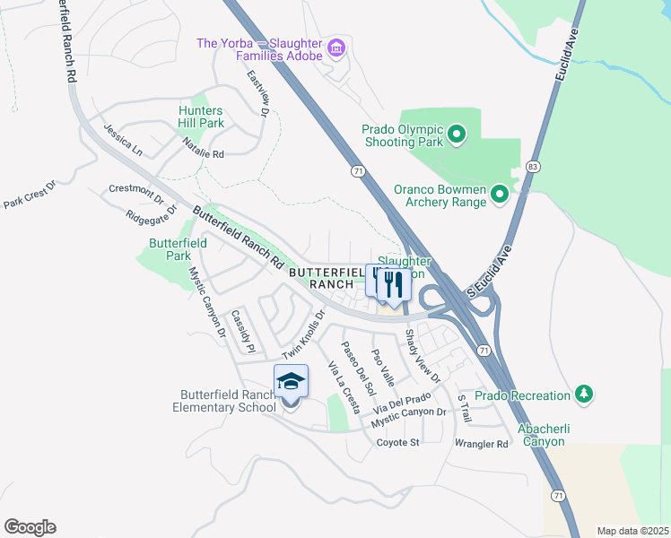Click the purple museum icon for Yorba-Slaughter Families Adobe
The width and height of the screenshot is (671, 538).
coord(336,47)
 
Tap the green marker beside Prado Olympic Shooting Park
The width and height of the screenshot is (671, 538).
coord(457,135)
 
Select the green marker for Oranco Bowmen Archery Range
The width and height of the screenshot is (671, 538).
coord(500,195)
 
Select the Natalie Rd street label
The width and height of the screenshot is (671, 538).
coord(202,148)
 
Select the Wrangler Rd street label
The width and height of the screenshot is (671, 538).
coord(482,444)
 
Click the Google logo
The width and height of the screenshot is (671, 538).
coord(30,526)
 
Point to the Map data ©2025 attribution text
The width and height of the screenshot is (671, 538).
coord(632,531)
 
